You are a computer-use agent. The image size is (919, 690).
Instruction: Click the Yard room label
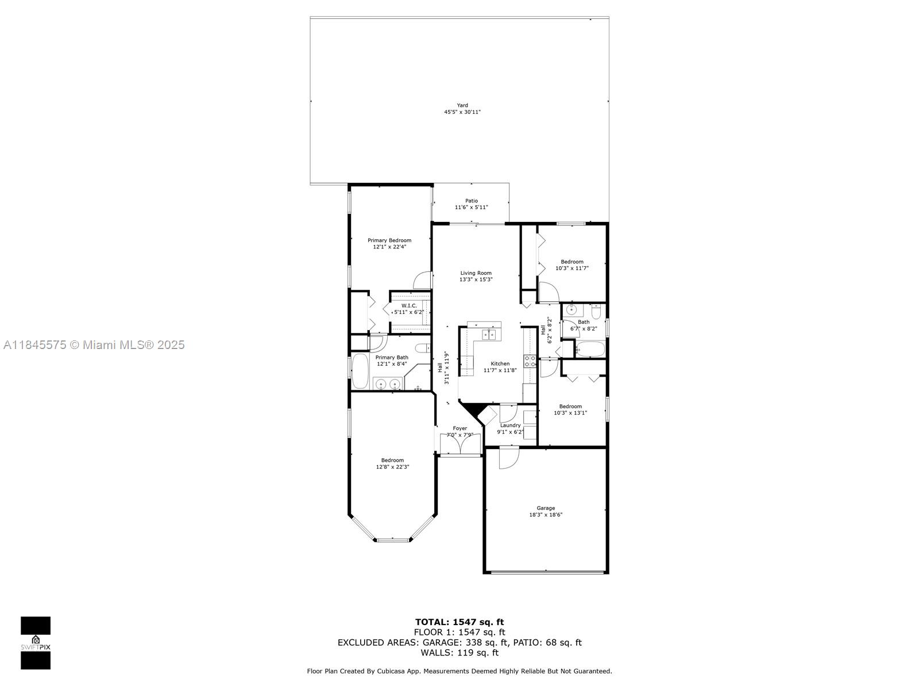[462, 105]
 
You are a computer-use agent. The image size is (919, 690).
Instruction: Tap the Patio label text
[471, 201]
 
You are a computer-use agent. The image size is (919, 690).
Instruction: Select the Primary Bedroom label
[389, 240]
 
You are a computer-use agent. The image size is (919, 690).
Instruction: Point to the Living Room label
[476, 273]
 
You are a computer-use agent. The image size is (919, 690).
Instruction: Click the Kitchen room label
[500, 363]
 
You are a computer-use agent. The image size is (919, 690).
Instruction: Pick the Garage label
[546, 508]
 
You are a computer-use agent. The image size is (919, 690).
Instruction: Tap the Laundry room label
[510, 425]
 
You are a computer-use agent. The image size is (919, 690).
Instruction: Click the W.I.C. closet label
[408, 306]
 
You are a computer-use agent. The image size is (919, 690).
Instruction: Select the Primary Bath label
[392, 357]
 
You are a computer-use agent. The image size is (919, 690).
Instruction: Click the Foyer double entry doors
[460, 444]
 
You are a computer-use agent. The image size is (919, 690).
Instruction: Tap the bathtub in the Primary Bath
[360, 371]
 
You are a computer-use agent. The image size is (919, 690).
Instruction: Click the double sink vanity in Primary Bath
[388, 384]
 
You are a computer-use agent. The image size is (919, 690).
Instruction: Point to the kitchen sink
[488, 334]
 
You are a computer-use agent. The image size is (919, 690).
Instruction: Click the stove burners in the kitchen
[530, 361]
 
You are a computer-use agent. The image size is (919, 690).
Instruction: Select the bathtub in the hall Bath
[590, 349]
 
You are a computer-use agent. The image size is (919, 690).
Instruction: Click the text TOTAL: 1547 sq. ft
[459, 622]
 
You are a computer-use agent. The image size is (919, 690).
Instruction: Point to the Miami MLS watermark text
[94, 345]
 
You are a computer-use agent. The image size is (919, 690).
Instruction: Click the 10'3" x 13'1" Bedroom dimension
[570, 413]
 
